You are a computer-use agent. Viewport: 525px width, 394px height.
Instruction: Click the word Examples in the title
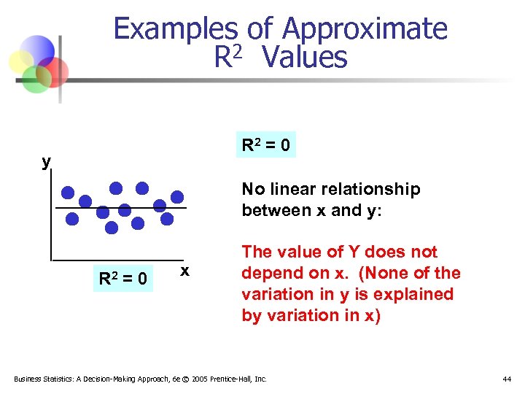tap(176, 29)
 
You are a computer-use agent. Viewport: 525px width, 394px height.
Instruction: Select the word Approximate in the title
tap(364, 29)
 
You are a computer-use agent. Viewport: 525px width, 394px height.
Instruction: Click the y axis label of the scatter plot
tap(46, 161)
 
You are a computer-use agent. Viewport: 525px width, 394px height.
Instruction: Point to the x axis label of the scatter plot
tap(185, 271)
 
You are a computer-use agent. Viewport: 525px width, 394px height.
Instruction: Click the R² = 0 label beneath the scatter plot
tap(123, 278)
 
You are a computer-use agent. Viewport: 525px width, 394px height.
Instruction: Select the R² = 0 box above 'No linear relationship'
tap(265, 145)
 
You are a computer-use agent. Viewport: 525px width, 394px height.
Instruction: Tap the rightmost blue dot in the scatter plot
tap(177, 196)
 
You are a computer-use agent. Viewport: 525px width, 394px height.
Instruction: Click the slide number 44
tap(507, 379)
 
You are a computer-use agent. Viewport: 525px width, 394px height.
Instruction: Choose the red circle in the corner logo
tap(55, 72)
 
